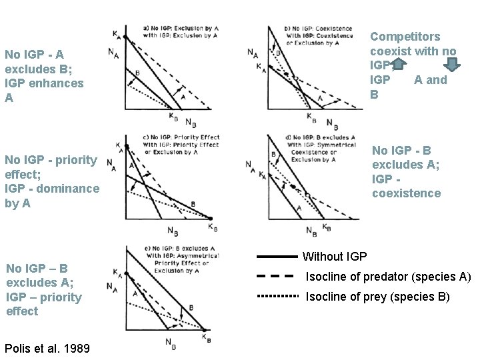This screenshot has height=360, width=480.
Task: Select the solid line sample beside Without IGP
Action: (x=276, y=256)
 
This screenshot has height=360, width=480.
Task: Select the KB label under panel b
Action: (x=311, y=116)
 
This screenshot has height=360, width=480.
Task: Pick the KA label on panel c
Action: (x=118, y=145)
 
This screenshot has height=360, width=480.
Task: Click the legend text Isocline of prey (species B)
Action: (x=377, y=297)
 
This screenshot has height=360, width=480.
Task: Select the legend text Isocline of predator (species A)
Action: (x=388, y=277)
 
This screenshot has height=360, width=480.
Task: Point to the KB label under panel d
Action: (x=326, y=227)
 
